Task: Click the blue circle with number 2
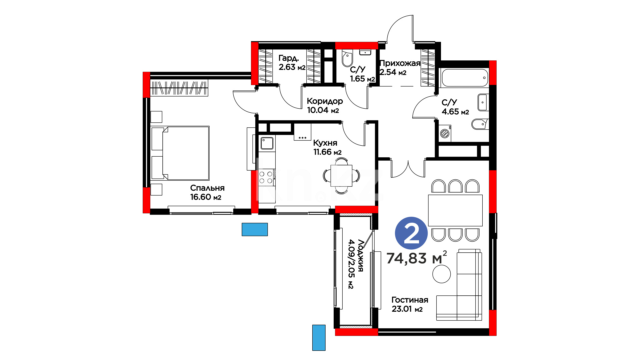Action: point(411,233)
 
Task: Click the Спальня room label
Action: point(207,188)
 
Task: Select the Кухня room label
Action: point(325,143)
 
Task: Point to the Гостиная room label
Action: point(410,300)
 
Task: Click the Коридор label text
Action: point(325,101)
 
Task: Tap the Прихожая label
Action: point(400,63)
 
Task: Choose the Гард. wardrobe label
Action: point(289,58)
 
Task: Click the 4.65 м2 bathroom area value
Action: point(455,112)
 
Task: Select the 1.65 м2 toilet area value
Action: point(362,79)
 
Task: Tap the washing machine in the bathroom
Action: point(445,133)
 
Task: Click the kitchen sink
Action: point(267,143)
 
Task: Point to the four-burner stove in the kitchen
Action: point(266,177)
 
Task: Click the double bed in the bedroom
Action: point(180,153)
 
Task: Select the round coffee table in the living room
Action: point(442,274)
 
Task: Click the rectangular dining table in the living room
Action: point(455,210)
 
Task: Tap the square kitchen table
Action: point(341,176)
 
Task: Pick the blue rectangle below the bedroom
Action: point(255,229)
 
